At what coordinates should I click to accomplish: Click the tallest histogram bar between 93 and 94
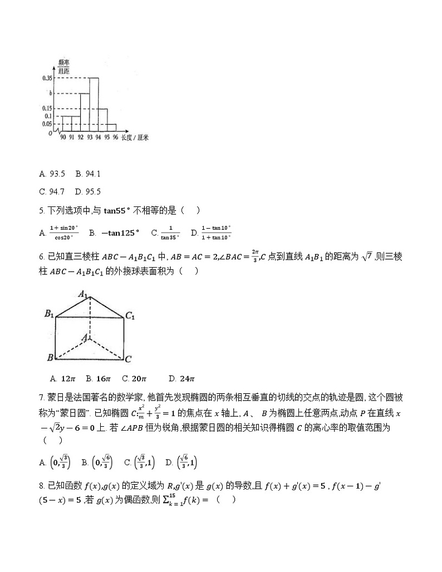94,105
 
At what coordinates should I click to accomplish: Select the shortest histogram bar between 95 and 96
112,128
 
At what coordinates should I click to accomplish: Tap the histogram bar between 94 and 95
103,120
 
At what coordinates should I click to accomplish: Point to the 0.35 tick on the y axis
47,78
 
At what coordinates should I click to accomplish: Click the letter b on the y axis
51,93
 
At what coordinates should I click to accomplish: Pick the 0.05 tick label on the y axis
47,124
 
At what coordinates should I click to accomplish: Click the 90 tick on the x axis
63,137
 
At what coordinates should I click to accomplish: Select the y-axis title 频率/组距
63,67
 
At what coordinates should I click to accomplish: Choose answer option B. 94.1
88,174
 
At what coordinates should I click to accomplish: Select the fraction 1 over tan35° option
170,233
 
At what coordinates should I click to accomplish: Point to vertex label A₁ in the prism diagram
84,293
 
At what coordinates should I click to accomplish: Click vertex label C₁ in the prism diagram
130,316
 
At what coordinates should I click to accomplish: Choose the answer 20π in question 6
134,379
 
